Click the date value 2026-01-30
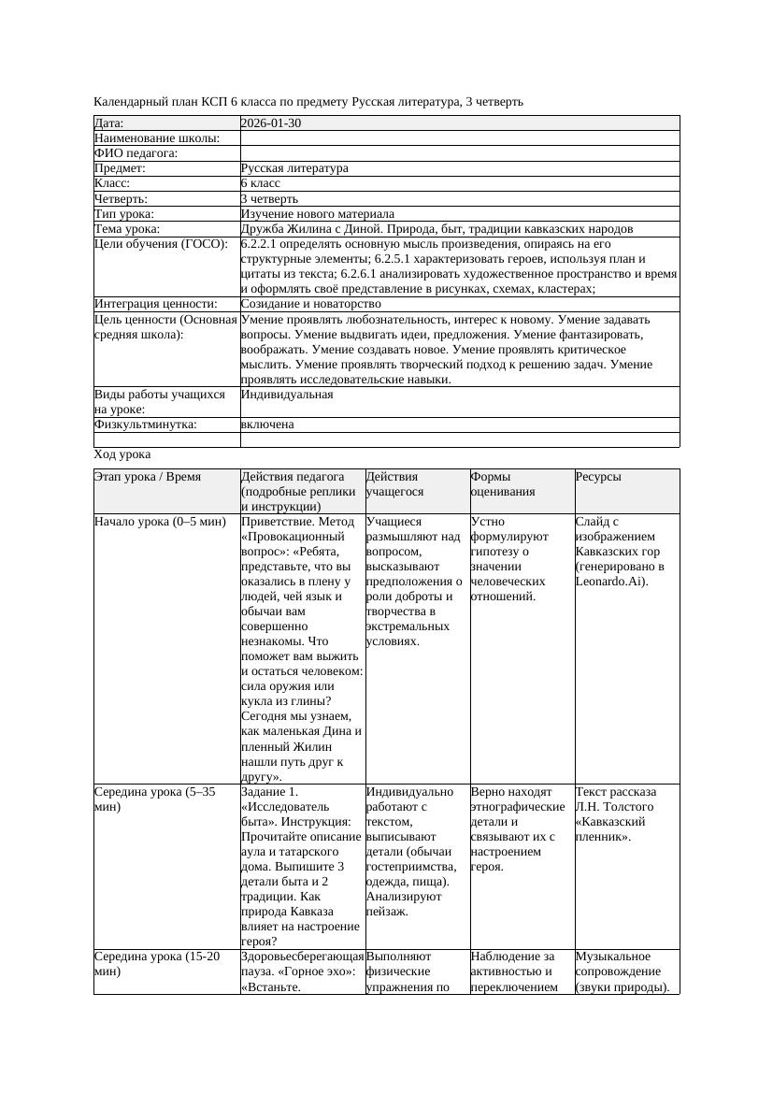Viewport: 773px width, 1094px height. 271,123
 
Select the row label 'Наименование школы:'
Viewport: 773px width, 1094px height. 157,138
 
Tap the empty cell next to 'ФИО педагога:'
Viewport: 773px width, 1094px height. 459,153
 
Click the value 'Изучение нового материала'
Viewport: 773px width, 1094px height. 317,214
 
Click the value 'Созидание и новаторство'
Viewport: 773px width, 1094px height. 310,304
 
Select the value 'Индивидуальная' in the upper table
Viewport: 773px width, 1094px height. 286,395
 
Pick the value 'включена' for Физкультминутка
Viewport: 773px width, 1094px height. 267,425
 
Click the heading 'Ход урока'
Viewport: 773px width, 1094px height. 122,454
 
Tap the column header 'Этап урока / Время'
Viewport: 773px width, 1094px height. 148,477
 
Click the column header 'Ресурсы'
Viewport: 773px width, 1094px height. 598,477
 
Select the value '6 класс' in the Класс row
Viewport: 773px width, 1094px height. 261,184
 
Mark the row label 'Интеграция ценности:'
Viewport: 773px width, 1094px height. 156,304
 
